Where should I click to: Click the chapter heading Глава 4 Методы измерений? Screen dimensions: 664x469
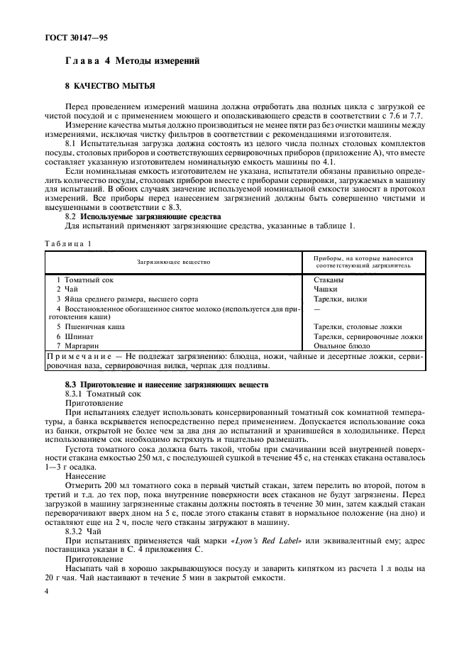coord(132,62)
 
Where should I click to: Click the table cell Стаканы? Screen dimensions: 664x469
coord(329,280)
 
